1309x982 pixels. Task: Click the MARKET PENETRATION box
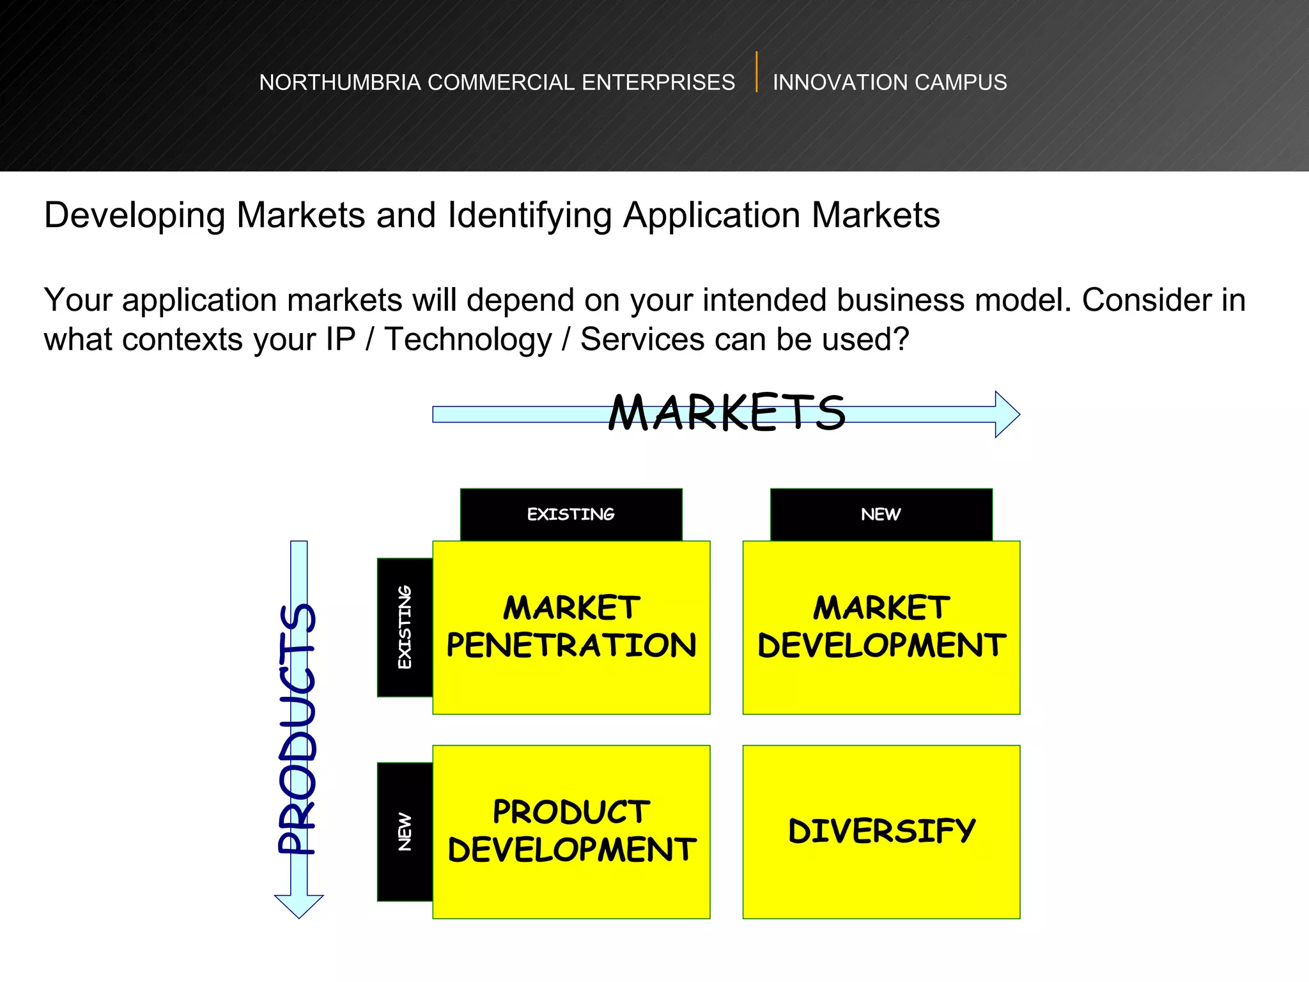pos(571,627)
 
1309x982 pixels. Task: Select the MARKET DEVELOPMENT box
pos(881,627)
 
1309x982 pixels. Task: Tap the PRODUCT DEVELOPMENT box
pos(571,831)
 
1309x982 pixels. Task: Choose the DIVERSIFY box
pos(881,831)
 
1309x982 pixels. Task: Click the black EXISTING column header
pos(571,514)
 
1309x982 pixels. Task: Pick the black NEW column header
pos(881,514)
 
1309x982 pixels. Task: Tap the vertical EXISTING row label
pos(405,627)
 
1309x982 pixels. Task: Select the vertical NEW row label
pos(405,831)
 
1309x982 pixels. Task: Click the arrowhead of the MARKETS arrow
pos(1006,414)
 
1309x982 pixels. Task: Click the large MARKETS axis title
pos(727,412)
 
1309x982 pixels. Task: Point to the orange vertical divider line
pos(756,72)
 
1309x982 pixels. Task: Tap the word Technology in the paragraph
pos(468,339)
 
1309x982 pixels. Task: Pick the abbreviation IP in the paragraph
pos(340,339)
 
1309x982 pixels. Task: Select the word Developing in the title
pos(134,215)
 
